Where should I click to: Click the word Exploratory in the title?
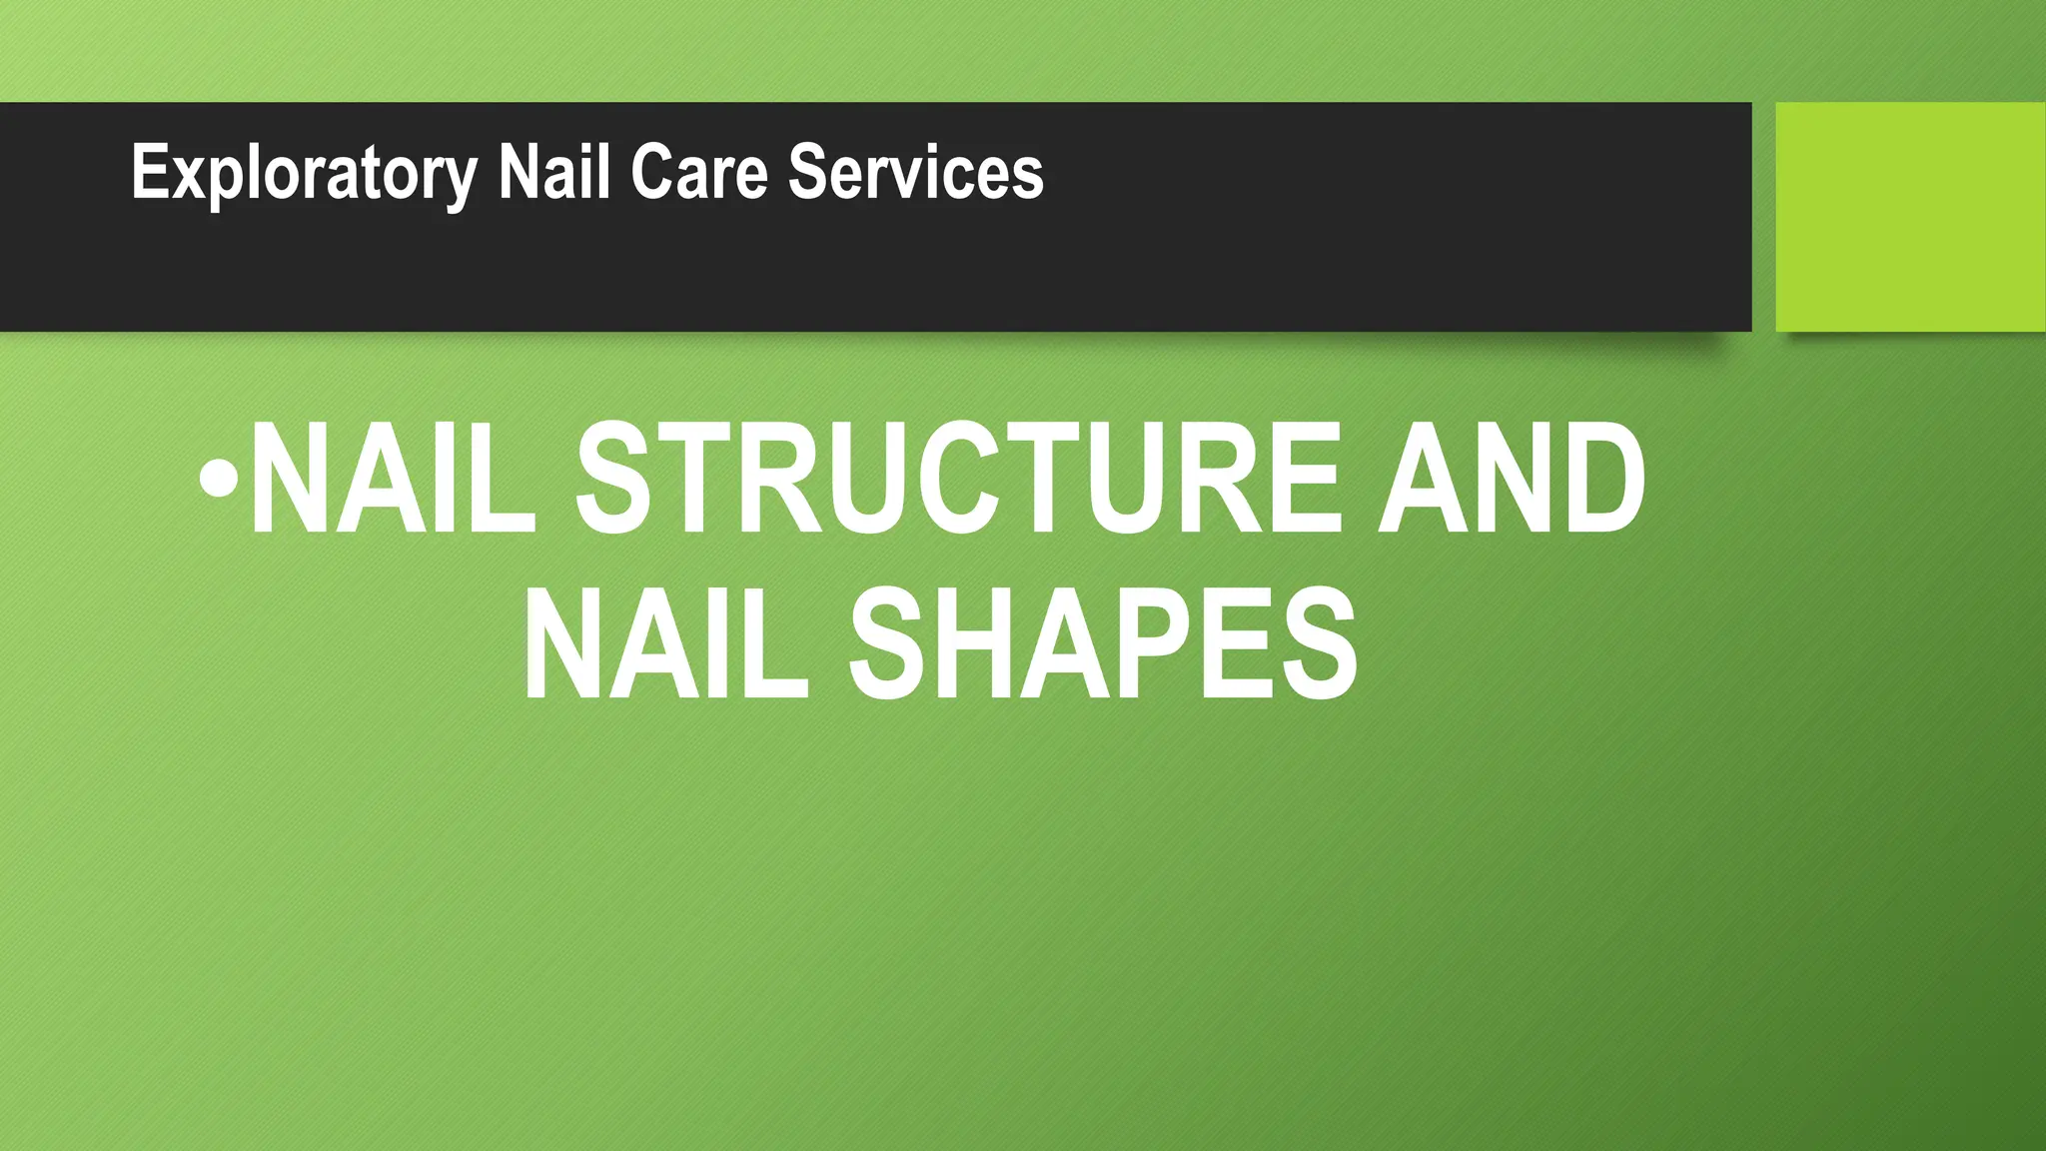[305, 173]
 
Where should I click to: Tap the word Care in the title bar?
[699, 172]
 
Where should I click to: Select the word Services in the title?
[916, 172]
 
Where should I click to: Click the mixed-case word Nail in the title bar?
[554, 172]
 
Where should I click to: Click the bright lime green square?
[1910, 217]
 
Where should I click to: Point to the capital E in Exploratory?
[149, 172]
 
